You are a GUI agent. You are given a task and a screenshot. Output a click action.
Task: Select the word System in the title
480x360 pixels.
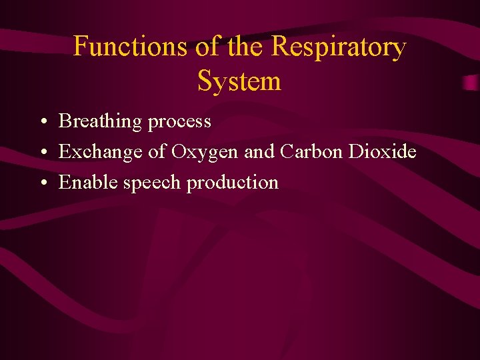(239, 81)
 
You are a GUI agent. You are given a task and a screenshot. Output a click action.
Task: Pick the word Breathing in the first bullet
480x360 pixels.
(100, 122)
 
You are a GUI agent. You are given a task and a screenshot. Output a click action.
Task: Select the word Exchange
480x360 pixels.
(101, 153)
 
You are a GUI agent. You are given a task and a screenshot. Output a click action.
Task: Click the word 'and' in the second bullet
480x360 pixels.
(258, 152)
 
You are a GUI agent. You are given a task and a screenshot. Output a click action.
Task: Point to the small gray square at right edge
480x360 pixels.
(471, 83)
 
